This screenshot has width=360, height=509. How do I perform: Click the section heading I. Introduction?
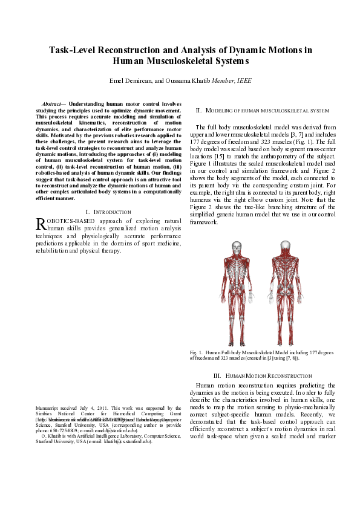pyautogui.click(x=109, y=212)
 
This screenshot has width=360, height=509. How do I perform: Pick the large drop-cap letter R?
pyautogui.click(x=41, y=224)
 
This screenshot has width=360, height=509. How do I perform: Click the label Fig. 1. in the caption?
pyautogui.click(x=195, y=352)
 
